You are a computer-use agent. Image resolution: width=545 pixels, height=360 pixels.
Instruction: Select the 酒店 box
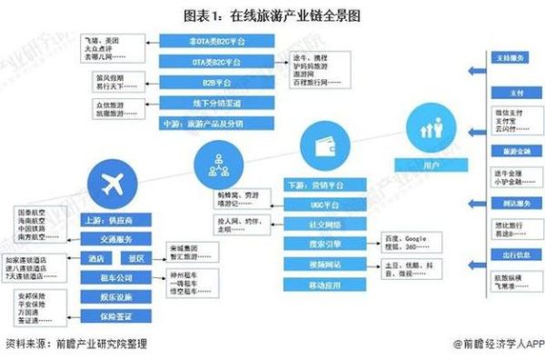[94, 258]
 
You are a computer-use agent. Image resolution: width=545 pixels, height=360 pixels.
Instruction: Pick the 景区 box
[134, 258]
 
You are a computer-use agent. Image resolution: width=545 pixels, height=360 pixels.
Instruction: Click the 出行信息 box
[513, 255]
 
